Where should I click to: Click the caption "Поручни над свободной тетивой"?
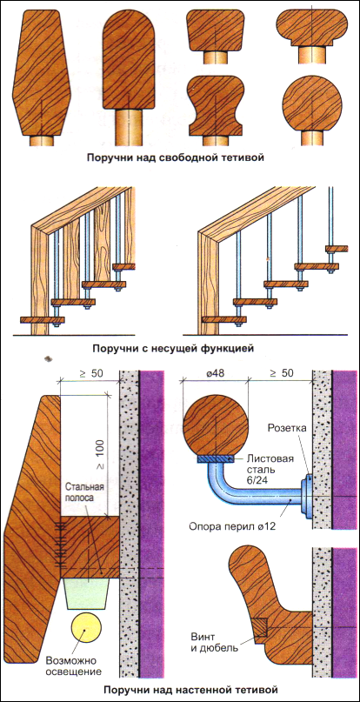[x=181, y=157]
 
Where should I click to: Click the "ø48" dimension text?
[x=216, y=374]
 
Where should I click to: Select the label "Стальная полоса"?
[x=83, y=491]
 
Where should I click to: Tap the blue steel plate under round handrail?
[x=216, y=458]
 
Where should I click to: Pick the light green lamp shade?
[x=88, y=593]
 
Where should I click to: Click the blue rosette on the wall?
[x=307, y=495]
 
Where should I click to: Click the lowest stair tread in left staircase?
[x=43, y=319]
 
